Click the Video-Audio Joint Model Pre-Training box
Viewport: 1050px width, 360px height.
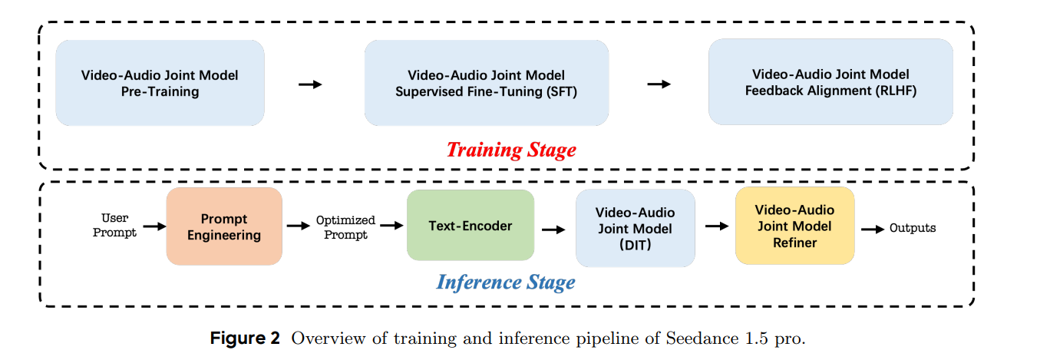point(160,83)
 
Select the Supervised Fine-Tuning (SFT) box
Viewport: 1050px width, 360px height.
point(486,83)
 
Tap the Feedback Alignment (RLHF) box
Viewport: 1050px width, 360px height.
point(830,82)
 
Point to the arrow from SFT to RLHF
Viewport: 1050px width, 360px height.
point(659,84)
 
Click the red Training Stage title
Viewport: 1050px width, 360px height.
point(510,149)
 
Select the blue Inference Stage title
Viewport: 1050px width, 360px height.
point(506,282)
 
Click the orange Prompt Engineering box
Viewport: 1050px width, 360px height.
point(224,226)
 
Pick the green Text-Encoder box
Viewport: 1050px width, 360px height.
point(470,226)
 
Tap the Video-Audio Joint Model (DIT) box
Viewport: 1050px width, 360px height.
point(635,228)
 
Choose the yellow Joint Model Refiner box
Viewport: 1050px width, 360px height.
point(794,226)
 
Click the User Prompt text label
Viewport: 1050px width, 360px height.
point(114,226)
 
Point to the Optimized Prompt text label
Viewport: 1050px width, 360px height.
point(345,227)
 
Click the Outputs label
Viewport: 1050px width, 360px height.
point(912,228)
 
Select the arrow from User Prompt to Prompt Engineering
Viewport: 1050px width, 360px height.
point(154,226)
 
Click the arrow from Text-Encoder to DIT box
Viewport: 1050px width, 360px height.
point(554,229)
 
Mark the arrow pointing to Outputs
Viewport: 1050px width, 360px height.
point(872,229)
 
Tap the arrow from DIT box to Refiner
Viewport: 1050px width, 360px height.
point(715,226)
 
